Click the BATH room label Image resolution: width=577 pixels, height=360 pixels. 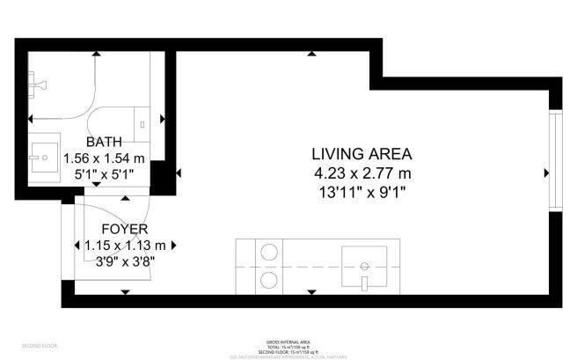pyautogui.click(x=104, y=142)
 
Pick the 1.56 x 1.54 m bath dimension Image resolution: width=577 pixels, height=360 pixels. pyautogui.click(x=104, y=158)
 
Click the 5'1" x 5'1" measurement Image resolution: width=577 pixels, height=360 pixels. pyautogui.click(x=104, y=174)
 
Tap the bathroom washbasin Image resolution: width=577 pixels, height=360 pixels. pyautogui.click(x=40, y=158)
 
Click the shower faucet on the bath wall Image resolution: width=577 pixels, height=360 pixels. pyautogui.click(x=36, y=83)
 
